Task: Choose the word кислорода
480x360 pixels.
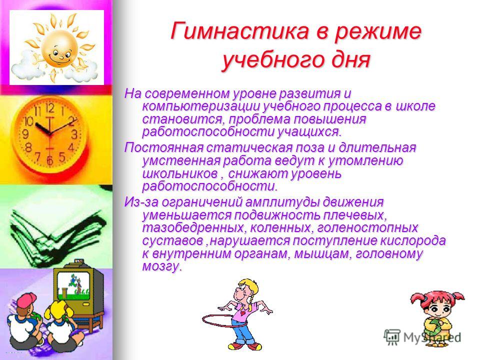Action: tap(412, 240)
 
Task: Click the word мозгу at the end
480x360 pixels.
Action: tap(162, 266)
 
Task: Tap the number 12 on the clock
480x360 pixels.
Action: tap(50, 108)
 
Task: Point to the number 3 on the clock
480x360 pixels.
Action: tap(74, 134)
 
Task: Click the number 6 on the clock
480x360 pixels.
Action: tap(50, 160)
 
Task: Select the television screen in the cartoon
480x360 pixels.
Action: tap(73, 286)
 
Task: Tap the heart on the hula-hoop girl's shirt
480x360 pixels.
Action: tap(242, 313)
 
